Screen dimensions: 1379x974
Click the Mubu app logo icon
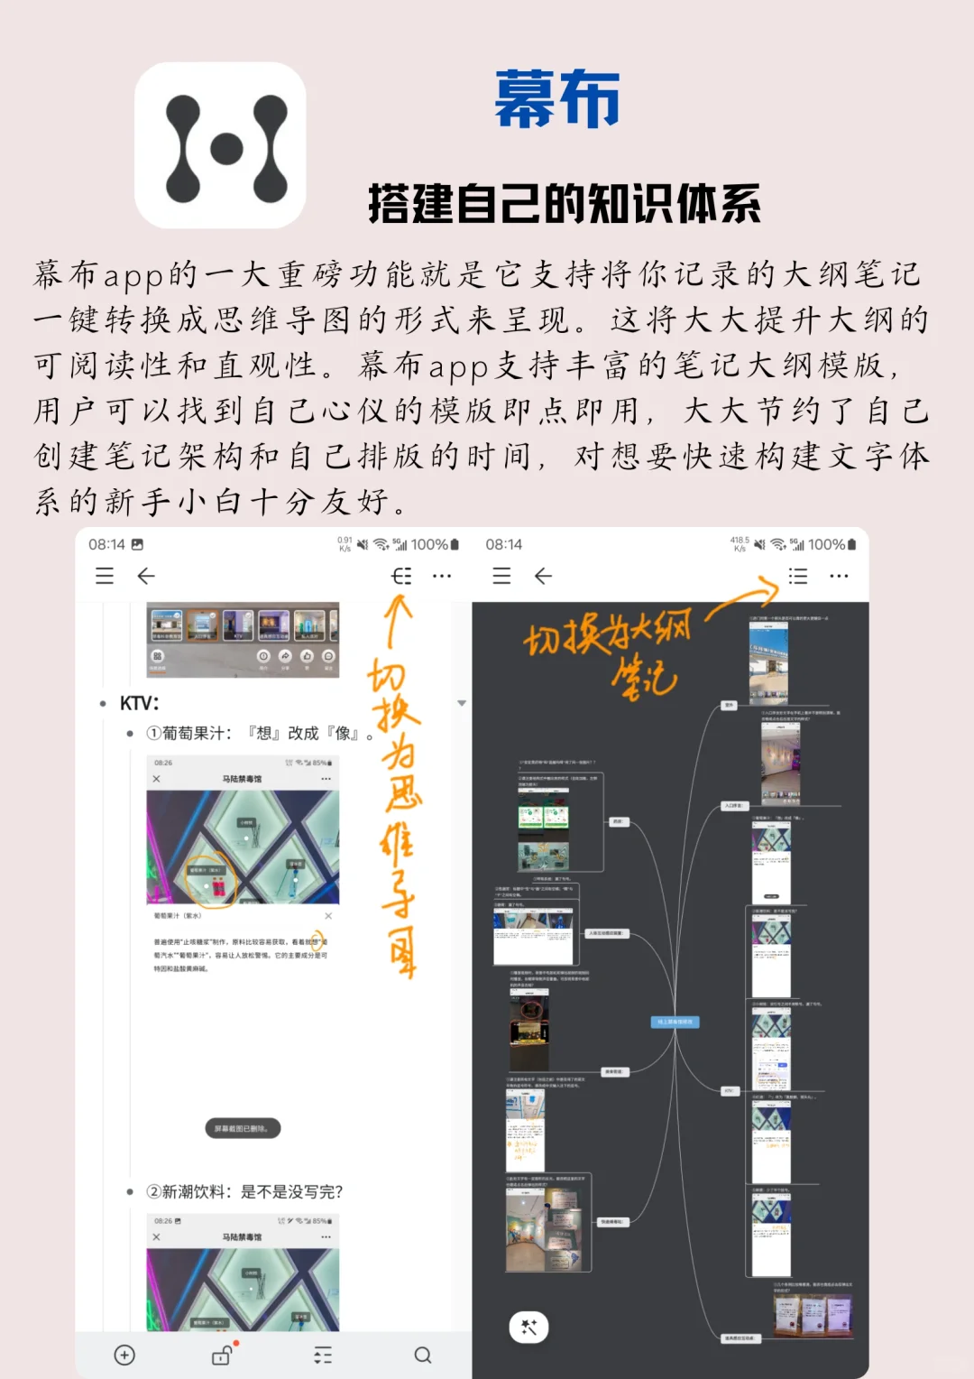pos(220,145)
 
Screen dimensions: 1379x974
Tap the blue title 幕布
pos(556,100)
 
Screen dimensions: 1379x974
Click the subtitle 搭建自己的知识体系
pos(565,203)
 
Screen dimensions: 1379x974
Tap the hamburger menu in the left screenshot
pos(105,576)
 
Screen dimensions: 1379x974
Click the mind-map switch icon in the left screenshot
pos(401,576)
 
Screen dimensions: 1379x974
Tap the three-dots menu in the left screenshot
pos(442,576)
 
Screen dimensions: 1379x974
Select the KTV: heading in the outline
pos(139,703)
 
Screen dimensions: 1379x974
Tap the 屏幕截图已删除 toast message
pos(242,1128)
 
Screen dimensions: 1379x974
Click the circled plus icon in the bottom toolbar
pos(124,1355)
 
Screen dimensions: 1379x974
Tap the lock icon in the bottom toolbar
pos(222,1355)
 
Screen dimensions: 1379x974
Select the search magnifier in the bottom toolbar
pos(422,1355)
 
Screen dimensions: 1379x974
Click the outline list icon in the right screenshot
pos(798,576)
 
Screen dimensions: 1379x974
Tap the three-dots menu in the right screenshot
pos(839,576)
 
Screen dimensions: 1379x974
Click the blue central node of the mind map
pos(675,1022)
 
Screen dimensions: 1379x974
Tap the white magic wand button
pos(529,1327)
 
